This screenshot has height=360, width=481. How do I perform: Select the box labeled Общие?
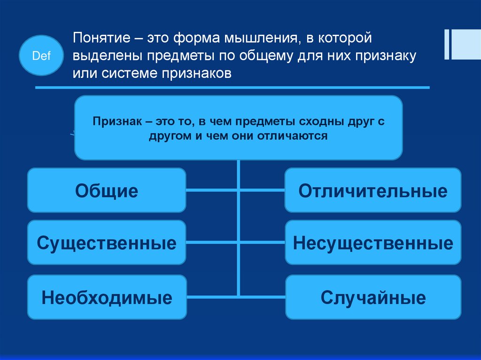(x=107, y=191)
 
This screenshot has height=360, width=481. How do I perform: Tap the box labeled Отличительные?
(x=373, y=191)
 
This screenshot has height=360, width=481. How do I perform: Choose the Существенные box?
(x=107, y=243)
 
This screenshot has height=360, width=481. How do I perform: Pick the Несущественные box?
(x=373, y=243)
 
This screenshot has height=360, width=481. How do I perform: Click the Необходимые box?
(x=107, y=297)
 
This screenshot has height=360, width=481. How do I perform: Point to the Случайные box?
(x=373, y=297)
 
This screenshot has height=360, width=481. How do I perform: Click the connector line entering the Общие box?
(x=211, y=190)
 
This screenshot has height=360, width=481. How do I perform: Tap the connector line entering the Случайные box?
(x=263, y=296)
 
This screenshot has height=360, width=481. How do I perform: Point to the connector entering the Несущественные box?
(x=263, y=243)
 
